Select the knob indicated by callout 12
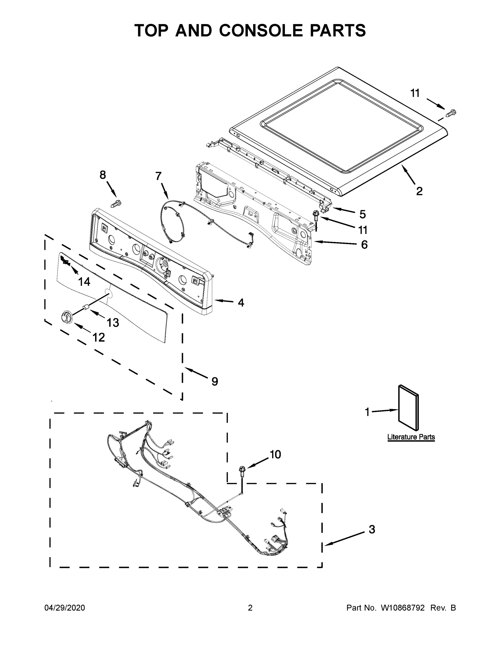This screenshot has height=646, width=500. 66,317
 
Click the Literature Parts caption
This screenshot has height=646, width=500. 411,437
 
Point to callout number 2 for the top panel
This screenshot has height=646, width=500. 419,191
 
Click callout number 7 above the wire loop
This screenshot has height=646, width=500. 158,176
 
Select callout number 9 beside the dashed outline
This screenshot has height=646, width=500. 215,382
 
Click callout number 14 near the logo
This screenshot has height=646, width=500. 84,282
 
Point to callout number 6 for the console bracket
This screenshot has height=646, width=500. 364,245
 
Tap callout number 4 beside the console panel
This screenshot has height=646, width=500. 241,302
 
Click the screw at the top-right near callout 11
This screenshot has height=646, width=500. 451,113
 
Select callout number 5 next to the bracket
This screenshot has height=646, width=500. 363,214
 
